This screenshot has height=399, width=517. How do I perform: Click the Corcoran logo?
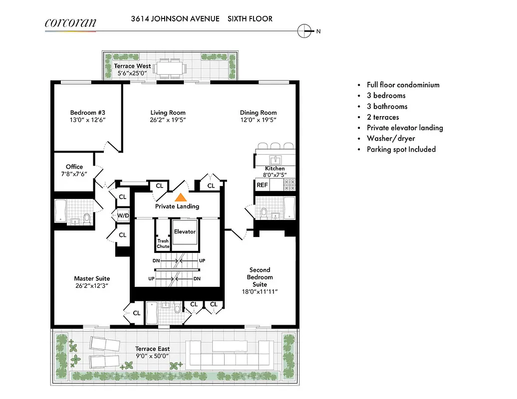(70, 22)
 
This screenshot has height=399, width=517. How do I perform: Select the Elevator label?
(185, 232)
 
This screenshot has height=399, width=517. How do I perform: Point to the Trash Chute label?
(163, 244)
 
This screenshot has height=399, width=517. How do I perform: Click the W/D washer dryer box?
(123, 216)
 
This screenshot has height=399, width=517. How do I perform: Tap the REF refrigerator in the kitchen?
(262, 185)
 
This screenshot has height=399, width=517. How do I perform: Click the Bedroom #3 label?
(87, 113)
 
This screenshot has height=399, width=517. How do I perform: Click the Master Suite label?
(92, 278)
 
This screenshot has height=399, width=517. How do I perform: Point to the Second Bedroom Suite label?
(259, 277)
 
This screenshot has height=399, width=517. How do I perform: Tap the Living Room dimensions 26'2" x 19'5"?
(168, 120)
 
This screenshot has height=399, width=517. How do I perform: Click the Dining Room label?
(258, 113)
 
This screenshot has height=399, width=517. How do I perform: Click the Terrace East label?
(153, 349)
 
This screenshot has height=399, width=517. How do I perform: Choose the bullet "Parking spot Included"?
(401, 150)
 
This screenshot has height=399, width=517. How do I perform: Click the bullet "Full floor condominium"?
(403, 85)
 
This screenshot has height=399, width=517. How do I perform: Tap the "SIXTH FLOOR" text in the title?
(250, 19)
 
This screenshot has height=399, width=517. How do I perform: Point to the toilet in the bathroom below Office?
(87, 218)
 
